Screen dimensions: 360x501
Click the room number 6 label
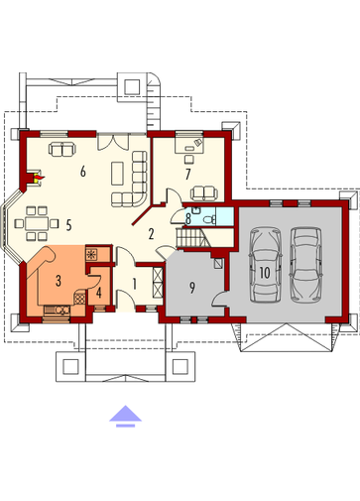(83, 172)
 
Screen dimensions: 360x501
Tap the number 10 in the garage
(265, 273)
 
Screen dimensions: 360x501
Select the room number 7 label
(187, 174)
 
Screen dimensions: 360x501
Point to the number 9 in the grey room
(192, 288)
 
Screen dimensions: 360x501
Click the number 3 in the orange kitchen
(59, 281)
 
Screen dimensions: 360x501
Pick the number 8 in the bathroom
(188, 218)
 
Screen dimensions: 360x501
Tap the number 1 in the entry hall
(135, 284)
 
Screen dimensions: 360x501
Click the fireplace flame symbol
(39, 179)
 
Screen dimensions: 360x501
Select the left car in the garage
(266, 265)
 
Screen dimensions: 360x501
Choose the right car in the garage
(305, 265)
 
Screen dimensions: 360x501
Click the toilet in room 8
(209, 219)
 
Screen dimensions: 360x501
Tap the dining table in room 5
(37, 223)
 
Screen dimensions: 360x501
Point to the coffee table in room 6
(117, 174)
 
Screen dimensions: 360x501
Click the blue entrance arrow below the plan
(126, 416)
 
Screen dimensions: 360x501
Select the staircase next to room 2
(192, 237)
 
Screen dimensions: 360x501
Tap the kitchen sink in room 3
(61, 310)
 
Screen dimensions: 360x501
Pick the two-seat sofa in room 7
(204, 193)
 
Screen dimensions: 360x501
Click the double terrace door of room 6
(113, 141)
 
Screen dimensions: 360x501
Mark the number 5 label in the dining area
(68, 225)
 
